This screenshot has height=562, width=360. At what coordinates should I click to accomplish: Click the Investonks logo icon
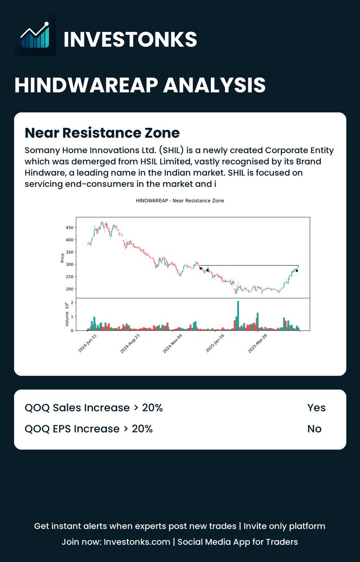pyautogui.click(x=35, y=35)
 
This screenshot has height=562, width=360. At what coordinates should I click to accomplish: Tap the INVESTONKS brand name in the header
pyautogui.click(x=130, y=39)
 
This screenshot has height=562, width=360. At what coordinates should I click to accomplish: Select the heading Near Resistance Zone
pyautogui.click(x=102, y=133)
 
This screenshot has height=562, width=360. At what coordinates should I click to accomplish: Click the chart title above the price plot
pyautogui.click(x=180, y=201)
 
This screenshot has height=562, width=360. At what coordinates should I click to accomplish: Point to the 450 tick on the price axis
pyautogui.click(x=69, y=228)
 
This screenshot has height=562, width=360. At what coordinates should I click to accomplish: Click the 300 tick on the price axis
pyautogui.click(x=69, y=265)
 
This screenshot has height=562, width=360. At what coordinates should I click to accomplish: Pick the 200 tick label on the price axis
pyautogui.click(x=69, y=289)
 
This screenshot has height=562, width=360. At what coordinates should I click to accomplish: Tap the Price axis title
pyautogui.click(x=62, y=258)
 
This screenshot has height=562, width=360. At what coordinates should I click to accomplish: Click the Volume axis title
pyautogui.click(x=67, y=314)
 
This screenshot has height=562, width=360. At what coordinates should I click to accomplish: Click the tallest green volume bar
pyautogui.click(x=238, y=316)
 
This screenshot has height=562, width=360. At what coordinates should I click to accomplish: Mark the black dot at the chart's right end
pyautogui.click(x=297, y=271)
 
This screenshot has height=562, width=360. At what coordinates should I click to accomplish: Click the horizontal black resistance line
pyautogui.click(x=248, y=266)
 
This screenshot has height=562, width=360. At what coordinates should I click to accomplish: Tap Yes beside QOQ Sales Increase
pyautogui.click(x=316, y=408)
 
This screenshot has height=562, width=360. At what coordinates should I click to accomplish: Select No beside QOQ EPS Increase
pyautogui.click(x=315, y=429)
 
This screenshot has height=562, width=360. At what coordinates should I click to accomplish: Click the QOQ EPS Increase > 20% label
pyautogui.click(x=89, y=429)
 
